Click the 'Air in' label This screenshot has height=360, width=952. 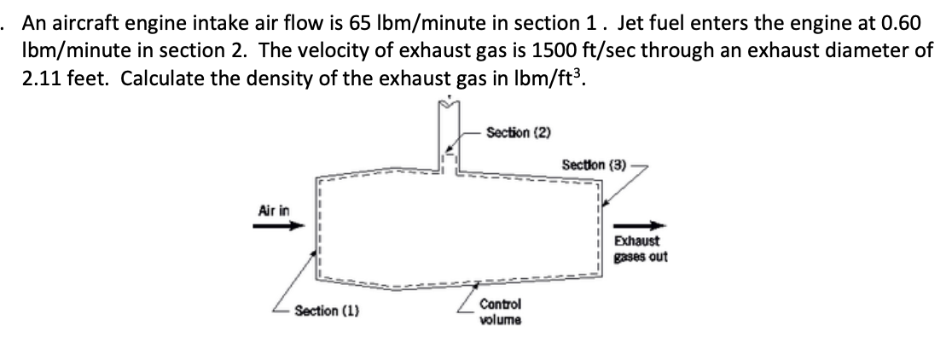(271, 208)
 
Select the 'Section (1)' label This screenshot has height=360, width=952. (324, 311)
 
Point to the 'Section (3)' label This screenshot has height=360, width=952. (594, 164)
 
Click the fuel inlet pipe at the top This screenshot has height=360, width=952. (449, 136)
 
